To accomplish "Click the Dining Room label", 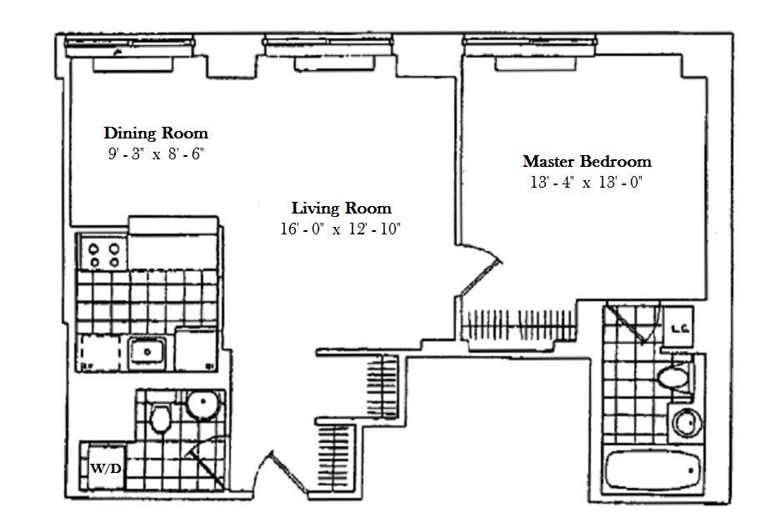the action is (156, 133).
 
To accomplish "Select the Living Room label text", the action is (341, 208).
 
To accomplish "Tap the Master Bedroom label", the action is (587, 162).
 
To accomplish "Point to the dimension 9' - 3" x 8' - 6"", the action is (156, 153).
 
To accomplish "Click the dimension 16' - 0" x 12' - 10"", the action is (341, 229).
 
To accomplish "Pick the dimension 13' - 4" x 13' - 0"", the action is (586, 182).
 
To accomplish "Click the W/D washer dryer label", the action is (106, 469).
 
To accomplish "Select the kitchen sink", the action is (147, 351).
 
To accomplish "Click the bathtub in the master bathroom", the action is (653, 471).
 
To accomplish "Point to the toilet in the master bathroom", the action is (675, 377).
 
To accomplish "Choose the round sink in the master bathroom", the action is (687, 423).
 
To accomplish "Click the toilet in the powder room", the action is (161, 418).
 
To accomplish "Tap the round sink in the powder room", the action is (203, 405).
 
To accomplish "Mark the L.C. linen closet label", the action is (678, 329).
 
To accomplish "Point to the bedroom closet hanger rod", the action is (518, 325).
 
